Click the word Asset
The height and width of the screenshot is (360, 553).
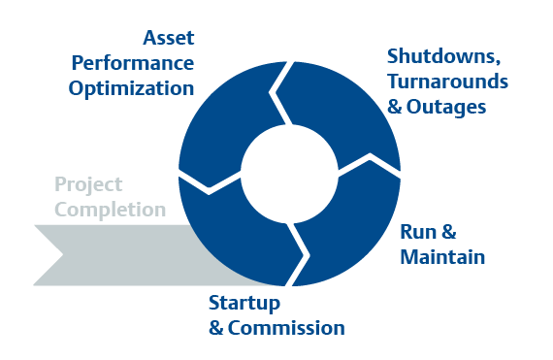(168, 40)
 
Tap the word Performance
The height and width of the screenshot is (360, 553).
(132, 64)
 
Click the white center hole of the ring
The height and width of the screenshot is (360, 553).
(289, 174)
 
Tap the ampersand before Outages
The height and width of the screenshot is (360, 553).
(395, 105)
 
